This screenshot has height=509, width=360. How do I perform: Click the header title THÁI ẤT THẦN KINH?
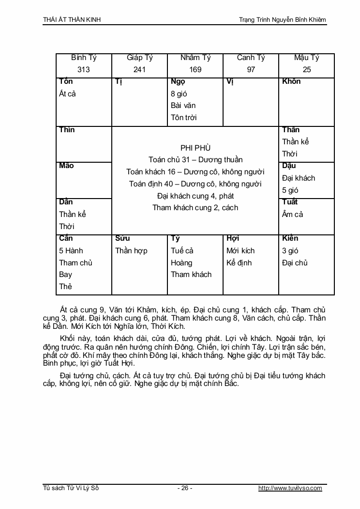72,19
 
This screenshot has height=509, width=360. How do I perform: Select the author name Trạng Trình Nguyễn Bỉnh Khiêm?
282,19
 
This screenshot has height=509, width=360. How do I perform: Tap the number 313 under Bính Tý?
84,70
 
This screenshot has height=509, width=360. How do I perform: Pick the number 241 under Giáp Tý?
139,70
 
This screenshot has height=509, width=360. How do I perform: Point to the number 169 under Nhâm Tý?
195,70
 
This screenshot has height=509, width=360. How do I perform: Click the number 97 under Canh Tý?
251,70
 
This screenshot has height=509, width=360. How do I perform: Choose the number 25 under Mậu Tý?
307,70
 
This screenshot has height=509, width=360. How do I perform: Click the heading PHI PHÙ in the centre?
195,148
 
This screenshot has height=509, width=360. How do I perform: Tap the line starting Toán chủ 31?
195,160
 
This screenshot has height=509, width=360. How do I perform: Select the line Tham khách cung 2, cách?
195,208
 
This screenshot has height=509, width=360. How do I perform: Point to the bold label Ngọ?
178,81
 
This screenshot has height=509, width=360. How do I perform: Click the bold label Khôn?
291,81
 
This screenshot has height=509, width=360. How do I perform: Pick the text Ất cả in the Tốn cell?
68,93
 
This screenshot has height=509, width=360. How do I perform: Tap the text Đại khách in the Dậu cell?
299,178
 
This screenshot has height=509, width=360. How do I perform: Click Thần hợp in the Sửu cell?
131,251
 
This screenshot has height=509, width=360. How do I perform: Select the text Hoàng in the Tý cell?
181,263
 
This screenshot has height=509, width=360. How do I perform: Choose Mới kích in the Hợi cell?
240,251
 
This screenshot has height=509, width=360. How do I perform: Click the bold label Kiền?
290,238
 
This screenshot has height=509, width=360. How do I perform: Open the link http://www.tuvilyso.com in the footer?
290,488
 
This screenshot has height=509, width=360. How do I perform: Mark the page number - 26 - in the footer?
185,488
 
